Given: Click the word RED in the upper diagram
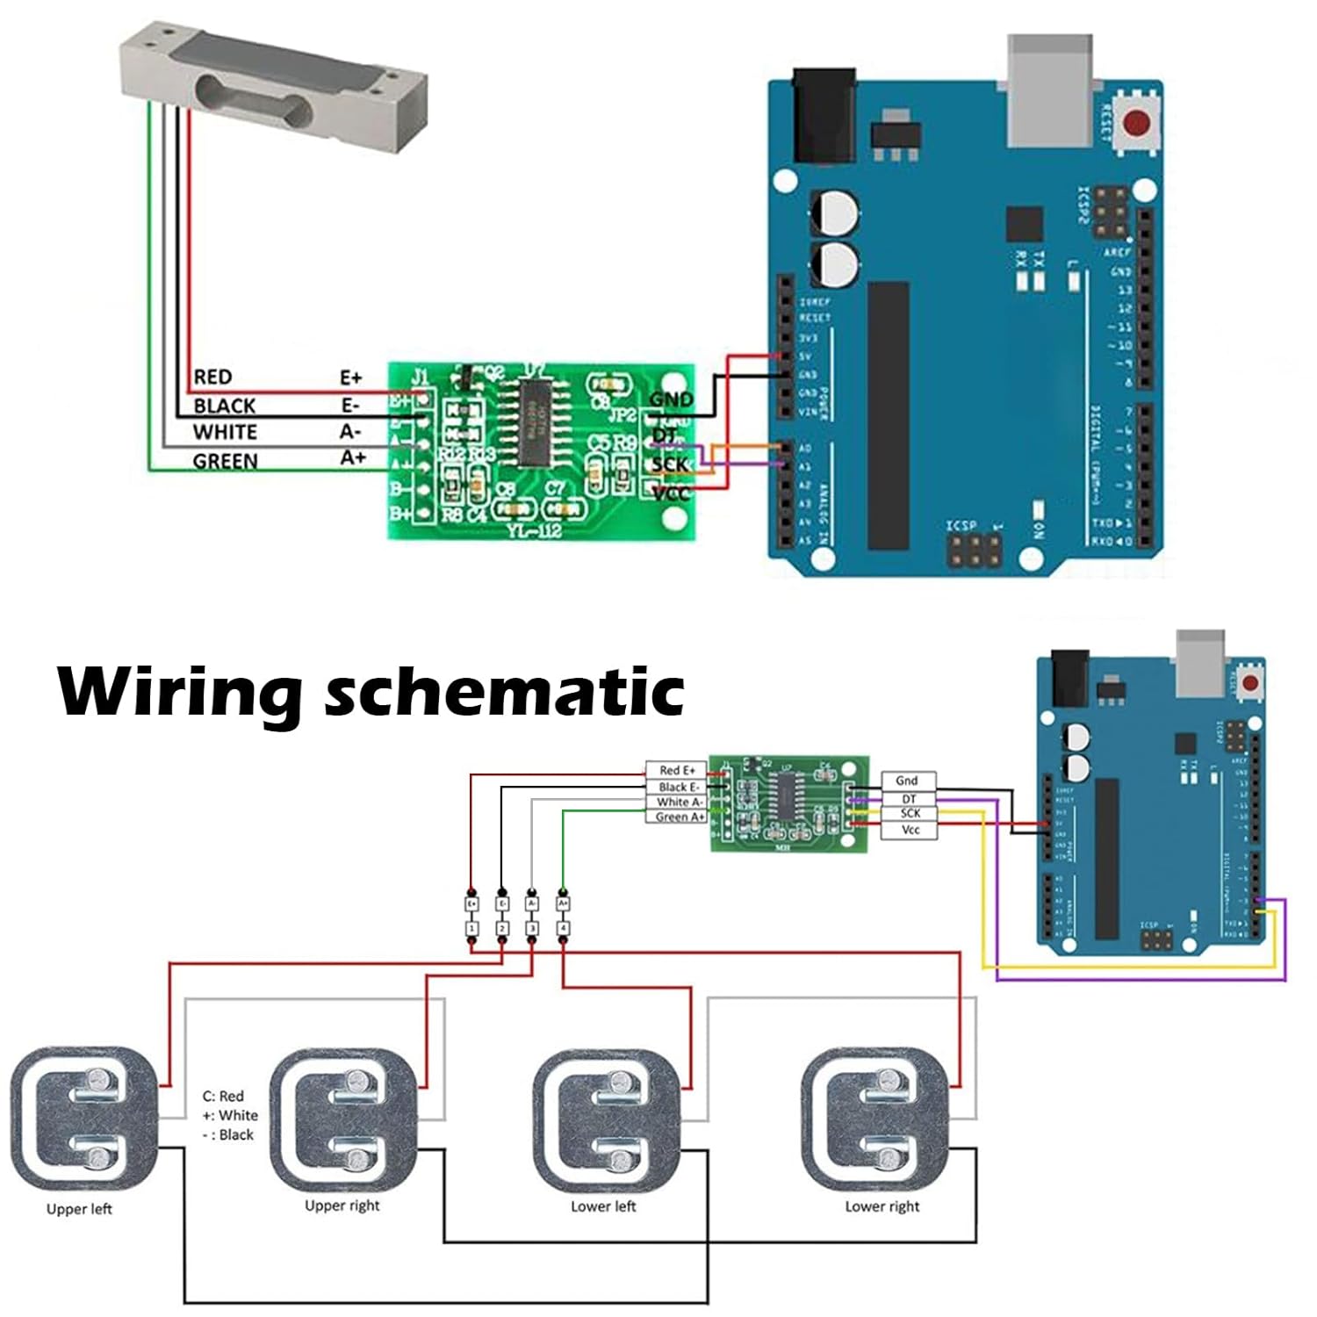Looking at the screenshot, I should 212,378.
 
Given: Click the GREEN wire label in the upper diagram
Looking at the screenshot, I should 226,462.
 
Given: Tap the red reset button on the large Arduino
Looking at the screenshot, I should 1138,123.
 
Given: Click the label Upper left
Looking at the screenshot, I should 79,1209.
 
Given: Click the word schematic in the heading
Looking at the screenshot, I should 504,693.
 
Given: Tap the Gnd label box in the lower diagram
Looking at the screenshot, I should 908,781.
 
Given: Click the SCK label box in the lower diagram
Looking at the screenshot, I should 910,814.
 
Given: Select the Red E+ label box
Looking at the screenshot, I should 676,770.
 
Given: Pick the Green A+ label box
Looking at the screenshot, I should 679,817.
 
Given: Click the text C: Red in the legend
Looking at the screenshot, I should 223,1096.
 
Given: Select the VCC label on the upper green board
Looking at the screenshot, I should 672,494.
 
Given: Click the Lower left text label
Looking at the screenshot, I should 603,1206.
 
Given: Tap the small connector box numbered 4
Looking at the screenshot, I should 563,928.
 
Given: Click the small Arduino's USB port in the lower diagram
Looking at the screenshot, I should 1200,658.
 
